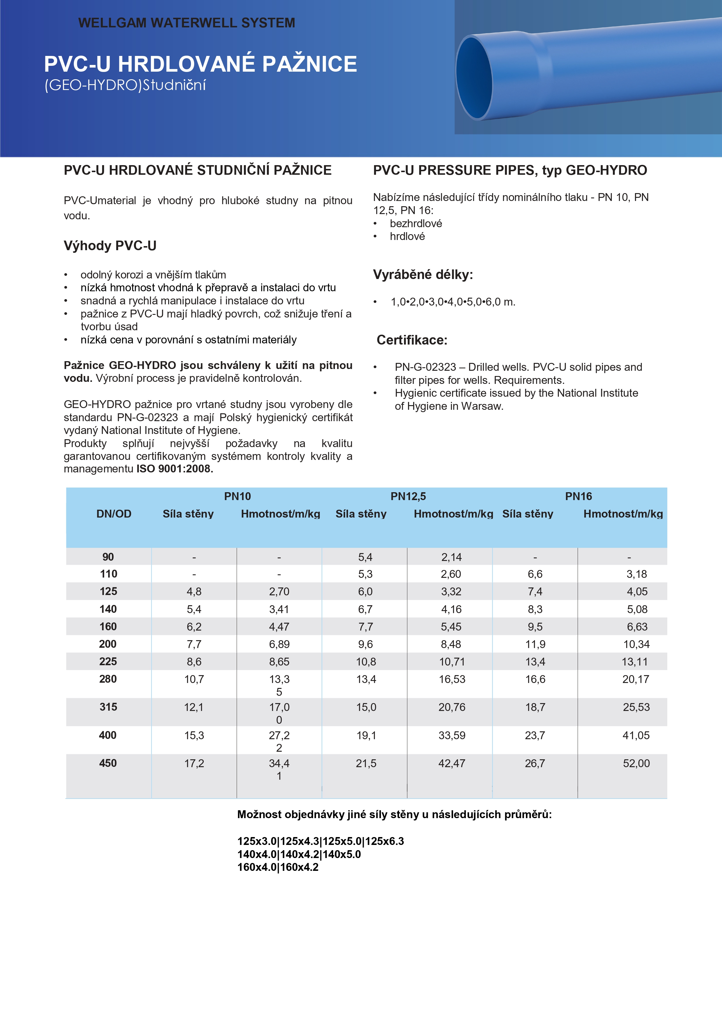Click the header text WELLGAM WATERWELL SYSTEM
[187, 23]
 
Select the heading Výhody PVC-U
[110, 246]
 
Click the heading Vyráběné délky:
[423, 275]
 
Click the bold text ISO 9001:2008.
[174, 469]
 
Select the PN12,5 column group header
[408, 496]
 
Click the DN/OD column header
[114, 514]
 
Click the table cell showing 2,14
[452, 557]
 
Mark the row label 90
[108, 557]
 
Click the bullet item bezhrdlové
[416, 223]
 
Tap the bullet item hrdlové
[407, 236]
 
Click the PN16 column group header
[578, 496]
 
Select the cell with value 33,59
[452, 735]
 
